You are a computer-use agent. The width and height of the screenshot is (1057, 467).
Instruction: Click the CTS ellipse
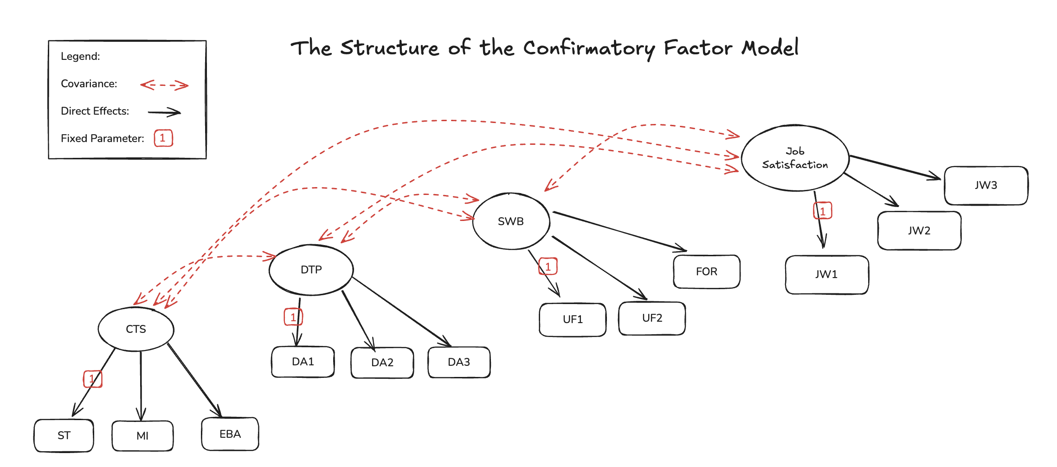point(136,329)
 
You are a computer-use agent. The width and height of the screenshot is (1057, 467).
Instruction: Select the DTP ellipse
point(311,270)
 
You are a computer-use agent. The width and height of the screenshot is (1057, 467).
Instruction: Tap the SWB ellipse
point(511,221)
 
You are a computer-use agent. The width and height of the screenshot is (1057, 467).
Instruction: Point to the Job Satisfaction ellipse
point(795,158)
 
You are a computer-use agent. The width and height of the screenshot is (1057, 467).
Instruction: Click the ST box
point(64,435)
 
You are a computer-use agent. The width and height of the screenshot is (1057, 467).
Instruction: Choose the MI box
point(142,436)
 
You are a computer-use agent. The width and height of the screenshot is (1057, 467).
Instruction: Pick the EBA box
point(230,434)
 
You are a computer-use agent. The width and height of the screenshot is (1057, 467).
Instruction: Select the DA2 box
point(382,363)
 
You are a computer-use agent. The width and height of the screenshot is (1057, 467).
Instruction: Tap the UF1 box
point(573,319)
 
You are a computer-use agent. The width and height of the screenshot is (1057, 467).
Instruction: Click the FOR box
point(707,272)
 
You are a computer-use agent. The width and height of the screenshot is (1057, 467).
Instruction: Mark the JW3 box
point(986,185)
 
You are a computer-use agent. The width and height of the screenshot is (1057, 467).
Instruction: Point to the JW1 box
point(826,274)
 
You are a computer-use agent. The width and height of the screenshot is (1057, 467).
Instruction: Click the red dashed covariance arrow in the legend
point(164,85)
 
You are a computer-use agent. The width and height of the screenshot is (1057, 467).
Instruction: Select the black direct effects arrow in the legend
point(164,112)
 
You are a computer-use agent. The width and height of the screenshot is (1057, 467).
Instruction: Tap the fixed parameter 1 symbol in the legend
point(163,138)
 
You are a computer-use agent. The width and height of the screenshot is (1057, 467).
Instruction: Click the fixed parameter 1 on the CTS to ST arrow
point(92,379)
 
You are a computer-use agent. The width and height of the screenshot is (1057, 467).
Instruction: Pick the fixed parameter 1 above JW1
point(822,211)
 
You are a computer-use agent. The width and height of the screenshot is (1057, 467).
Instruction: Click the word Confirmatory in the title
point(589,48)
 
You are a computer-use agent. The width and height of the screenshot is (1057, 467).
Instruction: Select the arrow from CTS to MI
point(141,385)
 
